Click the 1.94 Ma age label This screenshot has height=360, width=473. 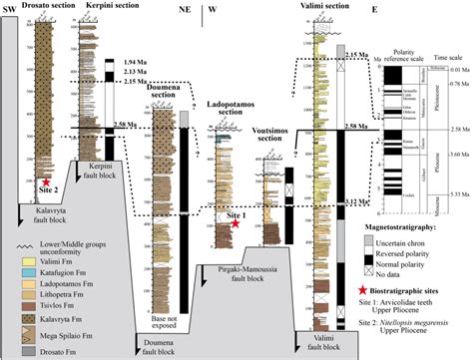point(133,62)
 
